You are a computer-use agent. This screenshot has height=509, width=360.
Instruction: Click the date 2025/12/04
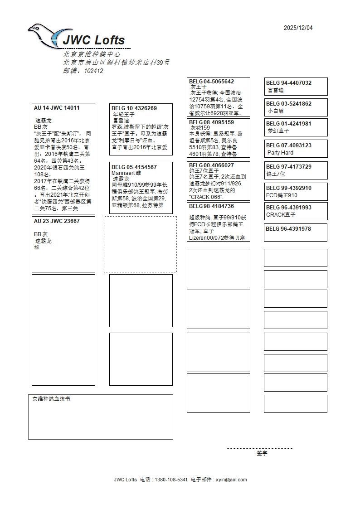point(298,28)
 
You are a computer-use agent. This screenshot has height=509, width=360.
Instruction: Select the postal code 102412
point(93,71)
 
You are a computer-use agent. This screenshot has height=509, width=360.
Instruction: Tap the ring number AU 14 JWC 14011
point(57,108)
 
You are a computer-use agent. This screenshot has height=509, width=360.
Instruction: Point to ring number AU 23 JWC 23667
point(57,221)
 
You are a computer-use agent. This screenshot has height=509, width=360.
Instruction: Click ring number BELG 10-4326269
point(134,108)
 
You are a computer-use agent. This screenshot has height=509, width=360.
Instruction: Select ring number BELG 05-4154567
point(134,167)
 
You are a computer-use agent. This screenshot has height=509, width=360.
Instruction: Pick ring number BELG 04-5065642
point(211,82)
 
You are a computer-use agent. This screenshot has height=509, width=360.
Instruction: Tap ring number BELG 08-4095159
point(211,122)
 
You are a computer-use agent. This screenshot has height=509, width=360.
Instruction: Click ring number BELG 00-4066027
point(211,165)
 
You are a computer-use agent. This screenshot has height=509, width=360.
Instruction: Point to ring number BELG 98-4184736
point(211,206)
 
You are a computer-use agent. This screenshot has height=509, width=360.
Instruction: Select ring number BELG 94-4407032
point(289,83)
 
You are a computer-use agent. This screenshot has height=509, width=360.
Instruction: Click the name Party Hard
point(280,153)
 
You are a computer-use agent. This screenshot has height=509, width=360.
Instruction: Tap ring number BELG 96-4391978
point(288,229)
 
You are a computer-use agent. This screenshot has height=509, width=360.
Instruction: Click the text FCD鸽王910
point(282,195)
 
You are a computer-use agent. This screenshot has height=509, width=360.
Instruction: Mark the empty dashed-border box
point(140,244)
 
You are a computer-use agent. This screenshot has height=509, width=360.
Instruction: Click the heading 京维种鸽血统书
point(51,399)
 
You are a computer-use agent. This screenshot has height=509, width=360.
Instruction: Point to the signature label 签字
point(262,453)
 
